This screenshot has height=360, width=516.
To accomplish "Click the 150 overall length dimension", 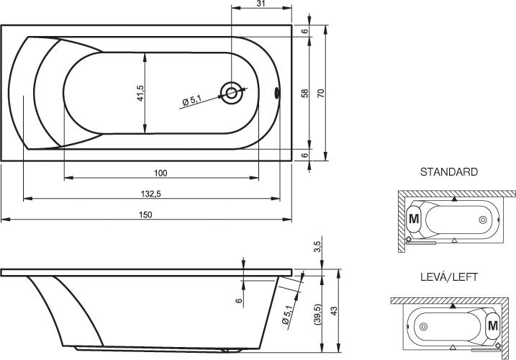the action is pyautogui.click(x=145, y=215).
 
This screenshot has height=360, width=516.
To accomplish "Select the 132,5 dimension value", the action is pyautogui.click(x=150, y=194).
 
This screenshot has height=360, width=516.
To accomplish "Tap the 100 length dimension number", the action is pyautogui.click(x=160, y=173).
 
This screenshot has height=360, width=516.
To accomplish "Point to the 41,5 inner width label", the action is pyautogui.click(x=140, y=93).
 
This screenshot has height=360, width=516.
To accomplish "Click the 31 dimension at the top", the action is pyautogui.click(x=261, y=4).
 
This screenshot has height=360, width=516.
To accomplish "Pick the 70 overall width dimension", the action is pyautogui.click(x=321, y=93).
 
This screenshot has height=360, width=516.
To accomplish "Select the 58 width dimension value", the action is pyautogui.click(x=305, y=93).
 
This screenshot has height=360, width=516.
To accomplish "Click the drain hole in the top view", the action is pyautogui.click(x=231, y=93).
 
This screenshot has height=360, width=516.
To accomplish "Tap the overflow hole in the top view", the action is pyautogui.click(x=277, y=93).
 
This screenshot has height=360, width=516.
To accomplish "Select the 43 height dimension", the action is pyautogui.click(x=334, y=311).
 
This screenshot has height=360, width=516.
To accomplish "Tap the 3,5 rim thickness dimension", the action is pyautogui.click(x=317, y=246).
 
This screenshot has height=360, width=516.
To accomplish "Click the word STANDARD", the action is pyautogui.click(x=449, y=172).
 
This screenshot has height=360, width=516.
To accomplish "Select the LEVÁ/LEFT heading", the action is pyautogui.click(x=449, y=277).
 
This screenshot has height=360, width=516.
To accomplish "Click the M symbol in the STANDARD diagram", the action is pyautogui.click(x=414, y=219).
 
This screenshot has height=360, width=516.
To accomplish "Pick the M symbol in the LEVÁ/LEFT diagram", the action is pyautogui.click(x=493, y=325).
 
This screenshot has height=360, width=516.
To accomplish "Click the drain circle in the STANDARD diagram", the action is pyautogui.click(x=483, y=220).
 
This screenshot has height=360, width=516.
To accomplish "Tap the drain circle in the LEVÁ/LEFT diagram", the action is pyautogui.click(x=424, y=326).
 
